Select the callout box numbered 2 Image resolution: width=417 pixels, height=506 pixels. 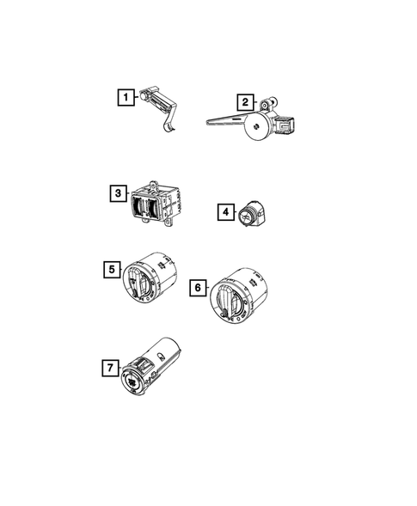click(245, 102)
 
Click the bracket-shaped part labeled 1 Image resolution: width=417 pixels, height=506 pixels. click(158, 99)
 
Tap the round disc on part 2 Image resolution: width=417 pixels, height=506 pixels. click(254, 131)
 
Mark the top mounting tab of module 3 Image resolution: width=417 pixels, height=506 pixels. click(153, 182)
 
